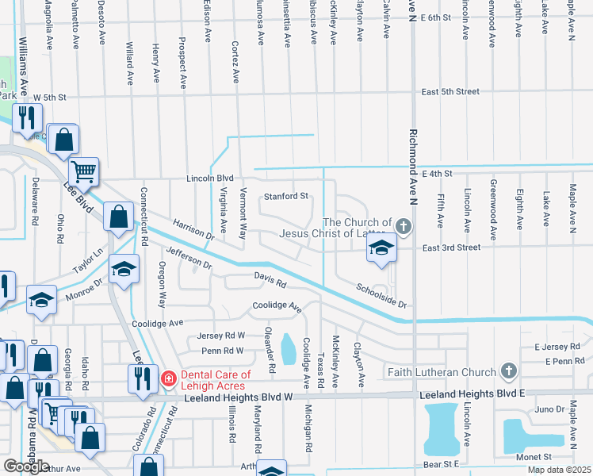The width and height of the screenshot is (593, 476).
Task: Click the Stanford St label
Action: pyautogui.click(x=285, y=196)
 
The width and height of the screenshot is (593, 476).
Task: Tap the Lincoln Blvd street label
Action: pyautogui.click(x=210, y=178)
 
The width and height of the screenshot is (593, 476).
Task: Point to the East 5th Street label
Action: pyautogui.click(x=450, y=92)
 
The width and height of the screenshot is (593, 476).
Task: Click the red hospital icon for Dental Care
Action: pyautogui.click(x=168, y=379)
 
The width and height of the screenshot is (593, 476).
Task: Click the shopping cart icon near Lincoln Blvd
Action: pyautogui.click(x=83, y=170)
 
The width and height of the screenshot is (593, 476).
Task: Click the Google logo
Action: pyautogui.click(x=26, y=466)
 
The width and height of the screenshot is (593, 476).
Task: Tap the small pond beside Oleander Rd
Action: pyautogui.click(x=288, y=346)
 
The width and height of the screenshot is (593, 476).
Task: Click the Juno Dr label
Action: pyautogui.click(x=548, y=409)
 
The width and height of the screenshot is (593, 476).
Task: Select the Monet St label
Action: pyautogui.click(x=536, y=457)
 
